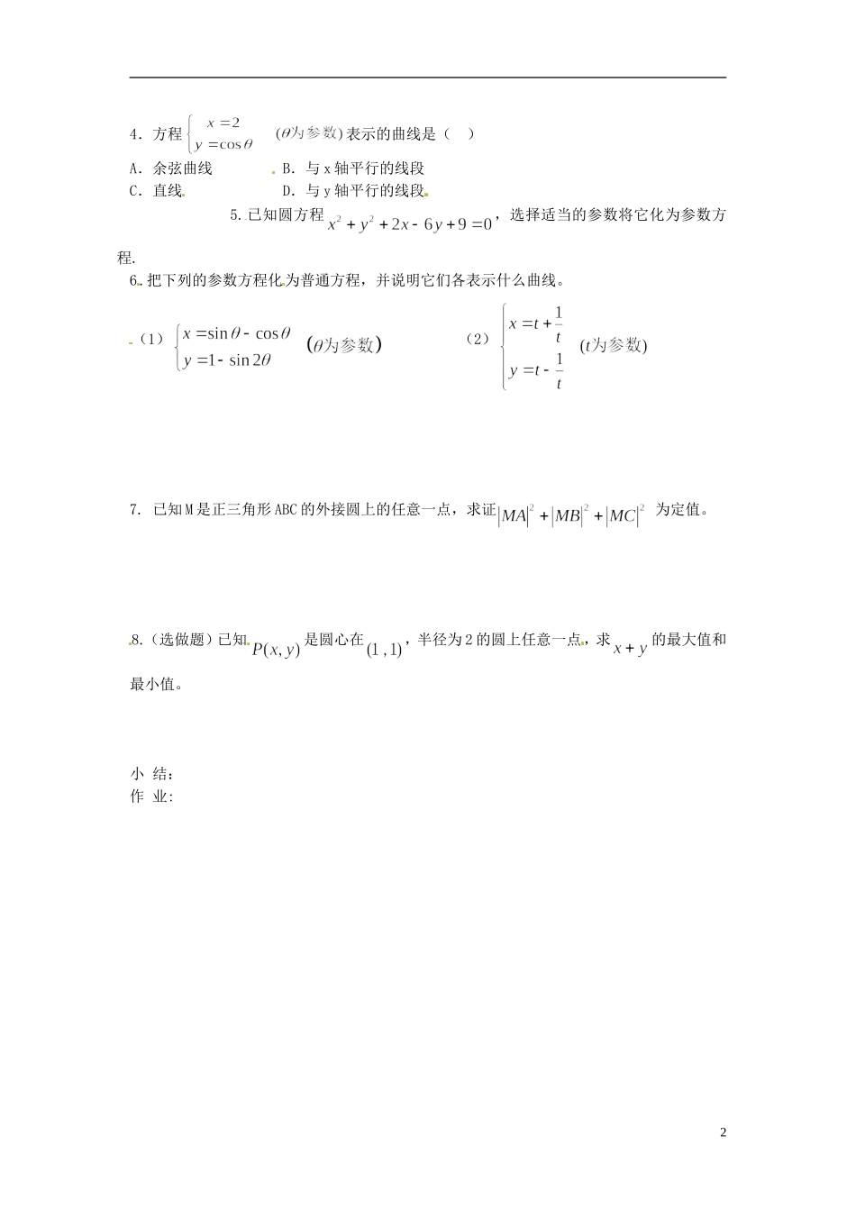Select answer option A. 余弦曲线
[171, 168]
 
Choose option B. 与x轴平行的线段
[352, 168]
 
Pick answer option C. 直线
[156, 191]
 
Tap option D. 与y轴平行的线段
[352, 191]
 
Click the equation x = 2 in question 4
[223, 123]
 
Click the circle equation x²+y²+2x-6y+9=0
[410, 224]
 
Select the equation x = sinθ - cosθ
[236, 333]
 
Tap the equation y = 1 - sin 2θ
[227, 361]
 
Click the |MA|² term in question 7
[516, 515]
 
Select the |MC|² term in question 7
[624, 515]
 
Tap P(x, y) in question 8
[276, 649]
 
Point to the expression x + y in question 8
[630, 648]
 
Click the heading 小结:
[151, 774]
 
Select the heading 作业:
[151, 797]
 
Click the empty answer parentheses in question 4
[458, 134]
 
